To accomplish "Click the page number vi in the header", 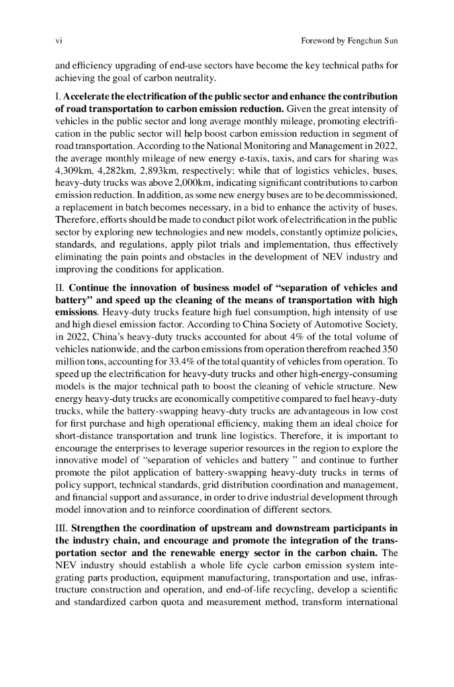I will pyautogui.click(x=57, y=42).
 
